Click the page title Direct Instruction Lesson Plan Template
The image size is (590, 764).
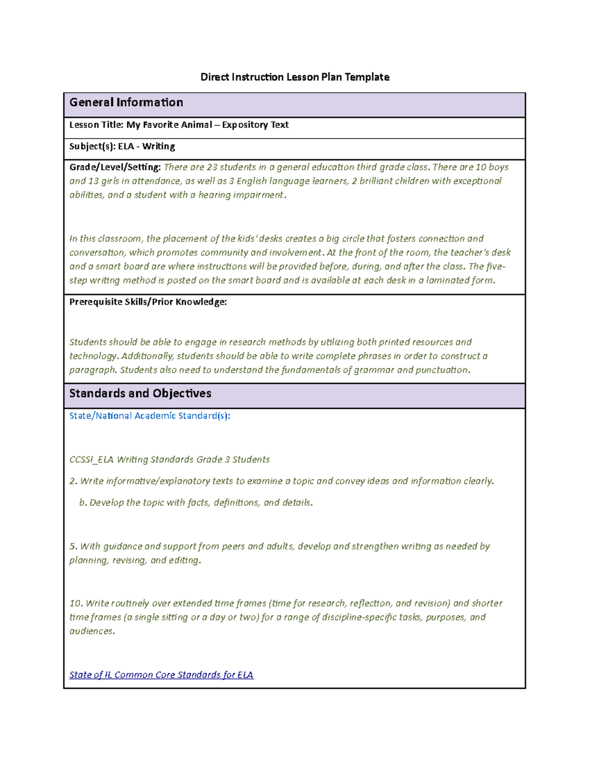(295, 77)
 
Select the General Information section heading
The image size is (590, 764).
(126, 102)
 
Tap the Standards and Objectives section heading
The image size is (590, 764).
(140, 393)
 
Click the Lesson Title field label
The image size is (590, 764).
(96, 125)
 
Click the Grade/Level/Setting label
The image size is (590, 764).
(115, 167)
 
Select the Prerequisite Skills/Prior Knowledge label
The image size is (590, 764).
(147, 302)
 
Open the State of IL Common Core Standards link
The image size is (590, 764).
(161, 675)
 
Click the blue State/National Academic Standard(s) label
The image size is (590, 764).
(149, 416)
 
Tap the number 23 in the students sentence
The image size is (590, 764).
(211, 167)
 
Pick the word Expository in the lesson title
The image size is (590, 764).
(245, 125)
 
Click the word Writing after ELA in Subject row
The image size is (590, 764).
(158, 147)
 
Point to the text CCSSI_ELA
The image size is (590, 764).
(91, 459)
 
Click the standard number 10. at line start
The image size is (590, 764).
(76, 603)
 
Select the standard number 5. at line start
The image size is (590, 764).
(74, 546)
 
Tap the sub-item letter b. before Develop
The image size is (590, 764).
(83, 503)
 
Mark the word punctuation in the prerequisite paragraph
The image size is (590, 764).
(442, 370)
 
